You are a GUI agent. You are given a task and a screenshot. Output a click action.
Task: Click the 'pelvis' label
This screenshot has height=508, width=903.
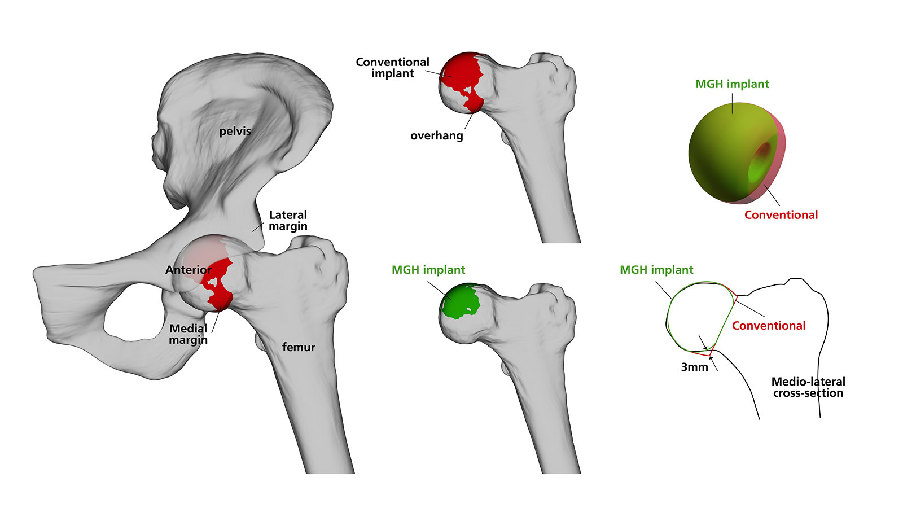point(235,131)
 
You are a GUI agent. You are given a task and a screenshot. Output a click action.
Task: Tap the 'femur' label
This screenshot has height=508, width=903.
point(299,347)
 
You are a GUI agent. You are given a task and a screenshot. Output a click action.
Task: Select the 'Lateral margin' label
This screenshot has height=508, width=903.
point(288,221)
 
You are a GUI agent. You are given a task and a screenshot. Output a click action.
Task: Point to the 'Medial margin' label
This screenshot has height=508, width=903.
point(189,334)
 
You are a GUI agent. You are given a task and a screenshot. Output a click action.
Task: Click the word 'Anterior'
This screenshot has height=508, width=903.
point(188,270)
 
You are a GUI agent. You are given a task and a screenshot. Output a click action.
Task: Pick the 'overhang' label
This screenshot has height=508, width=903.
point(436,135)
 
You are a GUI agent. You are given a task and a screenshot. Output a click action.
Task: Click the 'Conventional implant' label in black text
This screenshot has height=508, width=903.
point(392,68)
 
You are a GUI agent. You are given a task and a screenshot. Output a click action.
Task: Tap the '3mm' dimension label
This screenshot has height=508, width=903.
point(694,367)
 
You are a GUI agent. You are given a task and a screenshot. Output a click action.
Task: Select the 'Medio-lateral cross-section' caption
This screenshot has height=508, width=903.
point(808,387)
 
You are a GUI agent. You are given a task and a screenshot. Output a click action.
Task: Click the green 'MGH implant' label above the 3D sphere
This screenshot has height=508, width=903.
point(732,84)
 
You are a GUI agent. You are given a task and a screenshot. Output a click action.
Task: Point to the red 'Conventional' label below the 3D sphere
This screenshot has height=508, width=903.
point(781,215)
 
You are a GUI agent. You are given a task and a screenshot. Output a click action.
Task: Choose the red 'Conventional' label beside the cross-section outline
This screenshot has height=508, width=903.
point(768,326)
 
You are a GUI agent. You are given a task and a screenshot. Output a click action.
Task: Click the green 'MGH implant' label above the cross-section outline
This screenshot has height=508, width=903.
point(656,270)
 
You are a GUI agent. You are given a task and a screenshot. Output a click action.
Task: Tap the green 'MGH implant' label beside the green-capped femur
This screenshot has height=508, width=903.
point(428,270)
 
